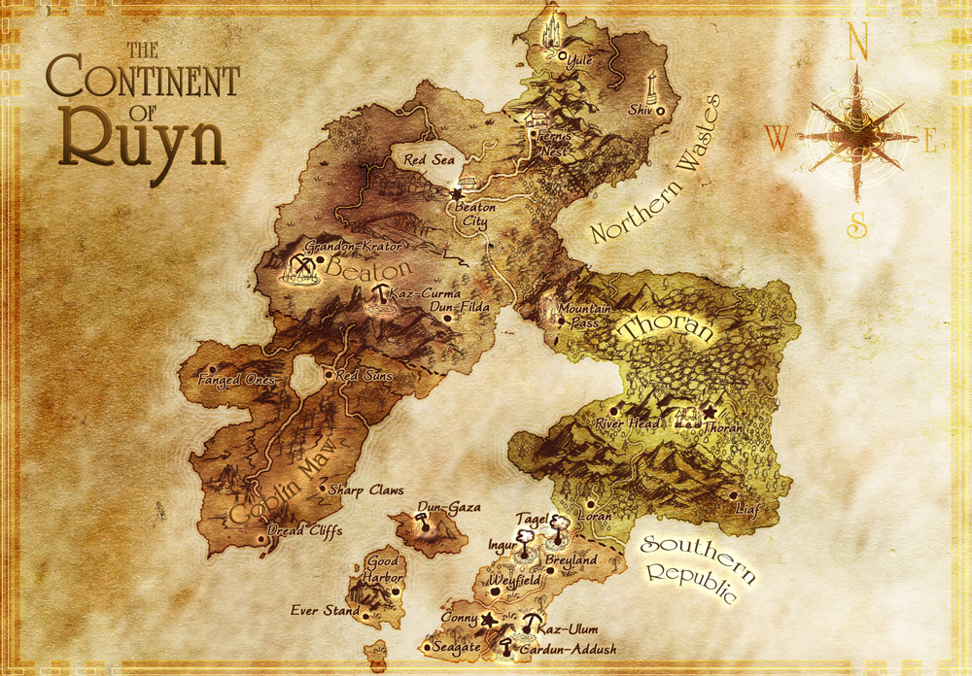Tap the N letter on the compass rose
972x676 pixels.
(856, 42)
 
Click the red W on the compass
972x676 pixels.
(776, 138)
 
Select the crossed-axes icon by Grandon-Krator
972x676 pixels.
(302, 267)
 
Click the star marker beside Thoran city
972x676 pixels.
(708, 411)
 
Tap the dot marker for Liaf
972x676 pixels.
(734, 494)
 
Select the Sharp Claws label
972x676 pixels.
(366, 490)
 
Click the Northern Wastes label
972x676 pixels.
(653, 172)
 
